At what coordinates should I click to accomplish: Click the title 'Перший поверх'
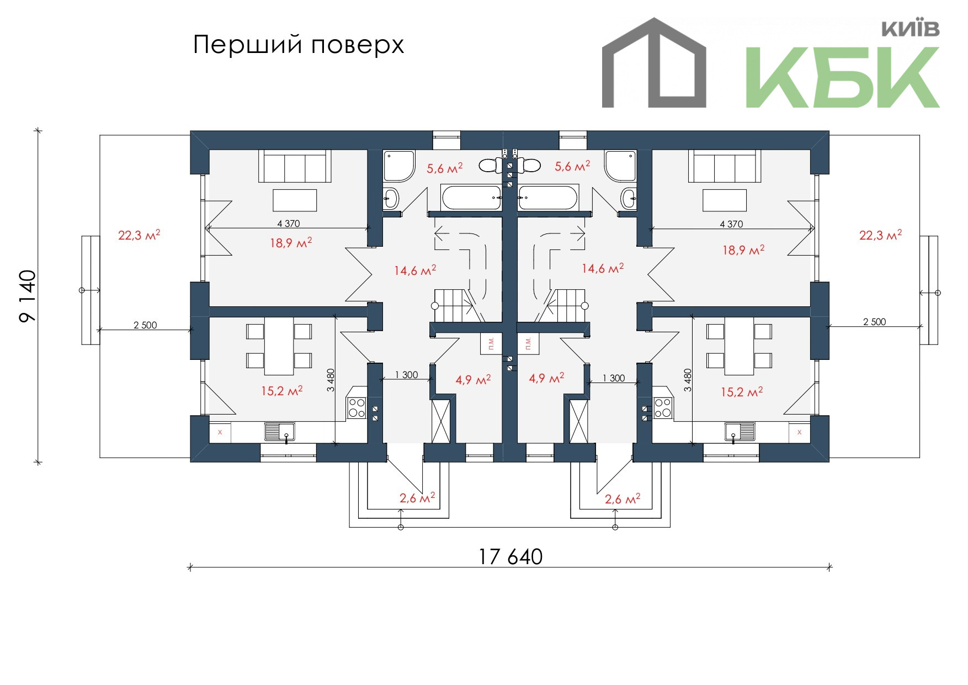pos(299,45)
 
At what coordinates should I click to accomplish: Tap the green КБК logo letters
pos(842,77)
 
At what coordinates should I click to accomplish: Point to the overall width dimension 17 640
pos(510,556)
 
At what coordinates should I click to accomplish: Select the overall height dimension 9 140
pos(28,296)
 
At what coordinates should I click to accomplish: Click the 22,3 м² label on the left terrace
pos(139,235)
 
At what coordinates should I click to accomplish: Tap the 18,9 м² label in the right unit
pos(743,250)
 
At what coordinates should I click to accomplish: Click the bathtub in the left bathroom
pos(471,198)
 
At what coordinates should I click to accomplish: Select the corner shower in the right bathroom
pos(620,166)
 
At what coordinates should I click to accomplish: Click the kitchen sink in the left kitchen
pos(280,432)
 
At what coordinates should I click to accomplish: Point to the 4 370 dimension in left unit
pos(289,224)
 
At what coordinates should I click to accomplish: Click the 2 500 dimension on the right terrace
pos(874,322)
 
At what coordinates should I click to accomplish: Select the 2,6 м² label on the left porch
pos(417,498)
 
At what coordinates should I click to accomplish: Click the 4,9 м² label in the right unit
pos(546,378)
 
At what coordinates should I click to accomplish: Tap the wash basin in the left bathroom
pos(391,198)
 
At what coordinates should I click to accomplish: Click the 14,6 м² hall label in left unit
pos(415,270)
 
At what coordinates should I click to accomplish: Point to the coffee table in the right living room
pos(724,200)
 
